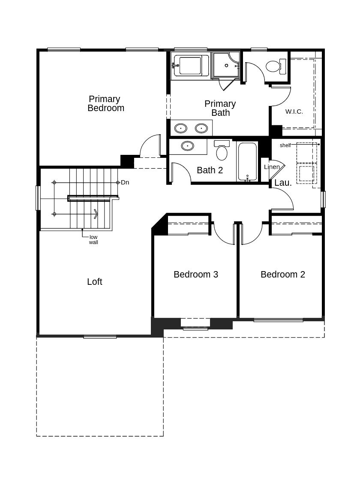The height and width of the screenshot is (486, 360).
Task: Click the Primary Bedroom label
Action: pos(105,103)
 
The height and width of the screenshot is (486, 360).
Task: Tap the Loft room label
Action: pos(94,282)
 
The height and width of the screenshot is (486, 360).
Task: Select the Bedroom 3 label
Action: pos(195,274)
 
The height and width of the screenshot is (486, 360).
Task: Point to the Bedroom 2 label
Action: pos(282,274)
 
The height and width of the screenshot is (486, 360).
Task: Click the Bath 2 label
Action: pos(210,170)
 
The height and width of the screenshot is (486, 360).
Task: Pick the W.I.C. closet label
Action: pos(294,112)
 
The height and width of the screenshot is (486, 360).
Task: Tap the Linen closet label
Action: pos(272,167)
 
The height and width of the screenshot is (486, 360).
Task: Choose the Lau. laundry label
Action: pos(283,183)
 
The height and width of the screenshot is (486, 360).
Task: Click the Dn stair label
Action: pos(125,182)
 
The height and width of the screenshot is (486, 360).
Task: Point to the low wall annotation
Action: pos(93,240)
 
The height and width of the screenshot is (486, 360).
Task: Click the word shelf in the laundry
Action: pos(285,145)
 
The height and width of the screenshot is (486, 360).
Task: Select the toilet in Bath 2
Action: pos(222,150)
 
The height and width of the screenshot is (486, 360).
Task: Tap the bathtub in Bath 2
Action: pos(247,161)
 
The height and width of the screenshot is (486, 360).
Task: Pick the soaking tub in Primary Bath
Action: pos(190,65)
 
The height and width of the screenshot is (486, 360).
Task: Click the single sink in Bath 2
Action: pos(188,146)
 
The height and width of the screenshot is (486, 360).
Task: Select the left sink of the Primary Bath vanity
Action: pos(180,128)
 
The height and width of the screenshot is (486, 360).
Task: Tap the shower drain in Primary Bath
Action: pos(227,65)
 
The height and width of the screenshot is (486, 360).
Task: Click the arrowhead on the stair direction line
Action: pos(96,214)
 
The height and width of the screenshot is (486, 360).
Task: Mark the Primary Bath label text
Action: pos(220,108)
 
